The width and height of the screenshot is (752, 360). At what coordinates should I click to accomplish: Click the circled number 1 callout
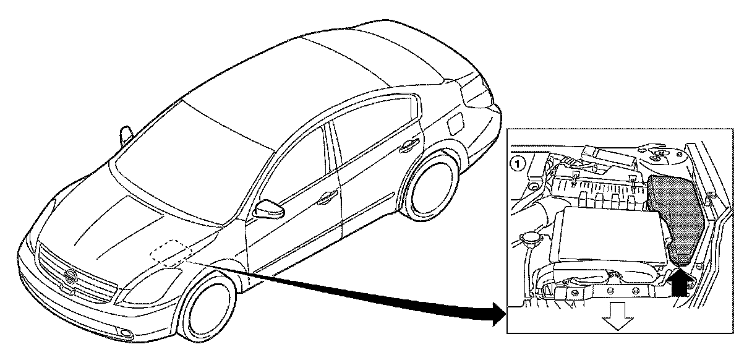pos(516,164)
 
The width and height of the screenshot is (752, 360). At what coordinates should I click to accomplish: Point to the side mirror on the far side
pos(127,134)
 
